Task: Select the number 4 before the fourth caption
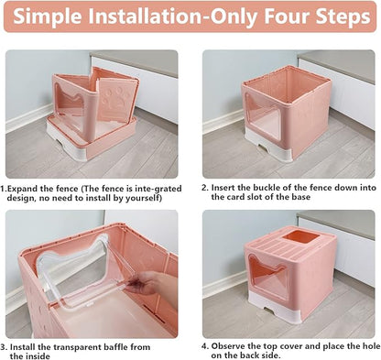(204, 346)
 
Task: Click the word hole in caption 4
(362, 346)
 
